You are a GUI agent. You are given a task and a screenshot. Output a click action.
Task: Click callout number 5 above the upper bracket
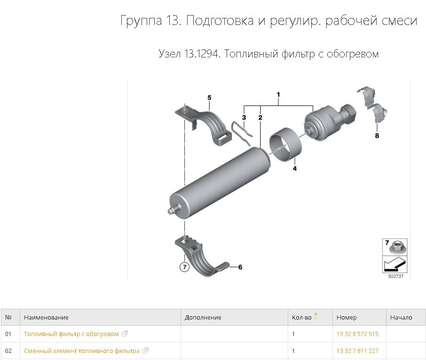point(209,97)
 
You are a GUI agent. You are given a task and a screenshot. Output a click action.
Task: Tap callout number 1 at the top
point(278,95)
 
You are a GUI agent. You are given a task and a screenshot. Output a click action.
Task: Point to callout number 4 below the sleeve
point(295,168)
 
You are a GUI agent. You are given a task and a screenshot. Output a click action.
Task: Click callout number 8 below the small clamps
point(377,136)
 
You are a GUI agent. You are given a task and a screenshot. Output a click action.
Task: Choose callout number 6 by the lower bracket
point(240,267)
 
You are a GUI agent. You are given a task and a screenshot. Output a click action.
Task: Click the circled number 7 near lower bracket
point(184,267)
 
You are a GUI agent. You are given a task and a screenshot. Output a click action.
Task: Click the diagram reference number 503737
point(395,277)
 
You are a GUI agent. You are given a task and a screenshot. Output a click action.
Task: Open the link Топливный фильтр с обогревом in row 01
point(71,334)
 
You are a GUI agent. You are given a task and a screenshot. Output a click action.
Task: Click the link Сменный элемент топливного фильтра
point(82,351)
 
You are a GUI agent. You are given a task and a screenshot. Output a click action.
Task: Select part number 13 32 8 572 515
point(357,334)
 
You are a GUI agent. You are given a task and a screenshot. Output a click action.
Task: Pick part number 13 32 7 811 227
point(357,351)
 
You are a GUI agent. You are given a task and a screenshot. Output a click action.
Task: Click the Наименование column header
point(46,318)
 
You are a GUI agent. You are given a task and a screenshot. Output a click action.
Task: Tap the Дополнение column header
point(203,318)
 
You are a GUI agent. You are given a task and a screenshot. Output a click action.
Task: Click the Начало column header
point(401,318)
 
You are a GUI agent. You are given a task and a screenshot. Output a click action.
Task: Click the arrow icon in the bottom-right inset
point(394,264)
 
